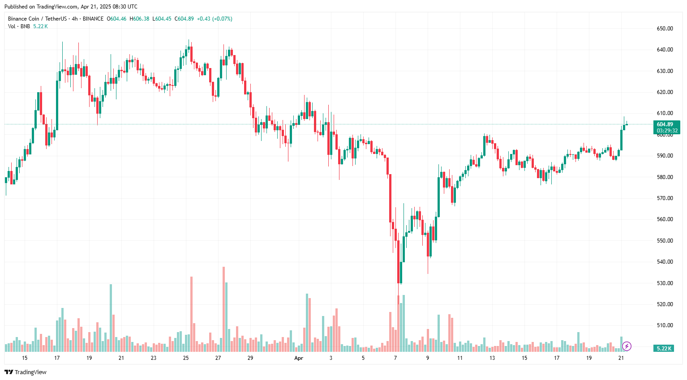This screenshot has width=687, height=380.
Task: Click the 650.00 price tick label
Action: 665,29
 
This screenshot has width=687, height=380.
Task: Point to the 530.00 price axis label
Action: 665,283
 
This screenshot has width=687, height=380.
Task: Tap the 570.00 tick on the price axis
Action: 665,198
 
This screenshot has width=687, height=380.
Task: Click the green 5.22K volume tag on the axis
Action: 664,348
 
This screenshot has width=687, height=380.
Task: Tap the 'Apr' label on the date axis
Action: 299,358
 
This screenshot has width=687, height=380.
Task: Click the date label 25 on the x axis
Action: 186,358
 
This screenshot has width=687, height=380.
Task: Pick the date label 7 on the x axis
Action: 395,358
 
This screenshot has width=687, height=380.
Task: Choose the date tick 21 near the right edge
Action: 621,358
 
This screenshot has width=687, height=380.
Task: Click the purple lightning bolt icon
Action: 627,346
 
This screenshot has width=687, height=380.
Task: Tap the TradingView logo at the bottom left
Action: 26,372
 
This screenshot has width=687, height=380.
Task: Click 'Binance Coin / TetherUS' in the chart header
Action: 37,19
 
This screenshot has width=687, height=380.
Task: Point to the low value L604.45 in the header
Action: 162,19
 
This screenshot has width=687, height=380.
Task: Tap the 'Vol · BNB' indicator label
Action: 19,26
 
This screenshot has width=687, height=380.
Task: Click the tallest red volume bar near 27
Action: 223,309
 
